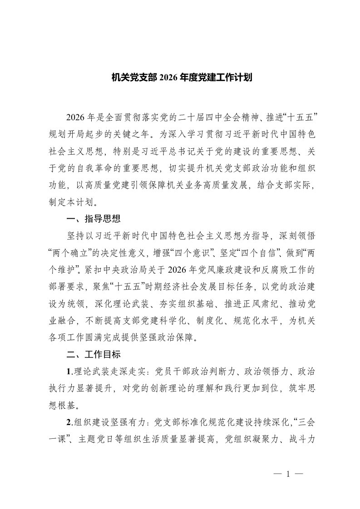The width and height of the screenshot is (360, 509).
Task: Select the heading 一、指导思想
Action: click(94, 219)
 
